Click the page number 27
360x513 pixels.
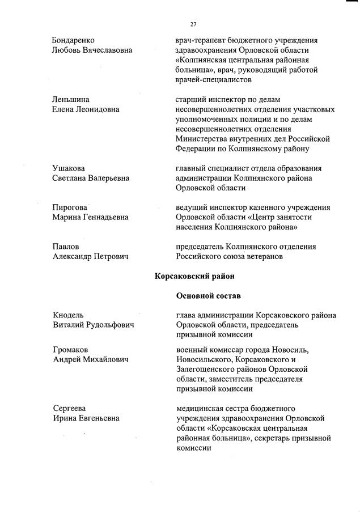193,24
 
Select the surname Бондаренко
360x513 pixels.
73,40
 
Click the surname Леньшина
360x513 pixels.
69,100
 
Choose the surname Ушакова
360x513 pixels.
69,168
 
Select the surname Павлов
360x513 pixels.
66,247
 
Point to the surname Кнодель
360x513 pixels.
68,315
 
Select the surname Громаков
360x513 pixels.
70,350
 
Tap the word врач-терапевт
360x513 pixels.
200,40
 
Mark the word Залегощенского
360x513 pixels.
207,369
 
